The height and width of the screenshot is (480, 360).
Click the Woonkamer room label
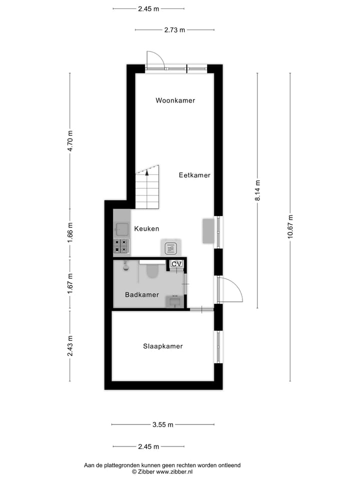175,100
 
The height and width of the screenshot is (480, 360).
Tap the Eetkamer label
194,175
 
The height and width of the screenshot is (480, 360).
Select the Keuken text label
146,228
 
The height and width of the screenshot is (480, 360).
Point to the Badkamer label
142,295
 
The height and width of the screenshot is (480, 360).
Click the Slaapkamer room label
163,346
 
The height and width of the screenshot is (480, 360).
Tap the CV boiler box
176,264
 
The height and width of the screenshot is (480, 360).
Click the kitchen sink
122,228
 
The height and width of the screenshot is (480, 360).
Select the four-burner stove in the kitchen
121,246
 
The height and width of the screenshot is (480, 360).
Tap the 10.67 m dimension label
290,226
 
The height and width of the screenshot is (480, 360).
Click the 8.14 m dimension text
257,190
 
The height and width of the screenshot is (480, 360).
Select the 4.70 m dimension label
70,141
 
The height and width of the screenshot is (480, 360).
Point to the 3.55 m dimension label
163,424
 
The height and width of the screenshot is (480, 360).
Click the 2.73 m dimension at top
174,30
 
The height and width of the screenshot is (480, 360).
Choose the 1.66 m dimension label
70,232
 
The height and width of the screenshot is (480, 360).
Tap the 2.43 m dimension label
70,346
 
